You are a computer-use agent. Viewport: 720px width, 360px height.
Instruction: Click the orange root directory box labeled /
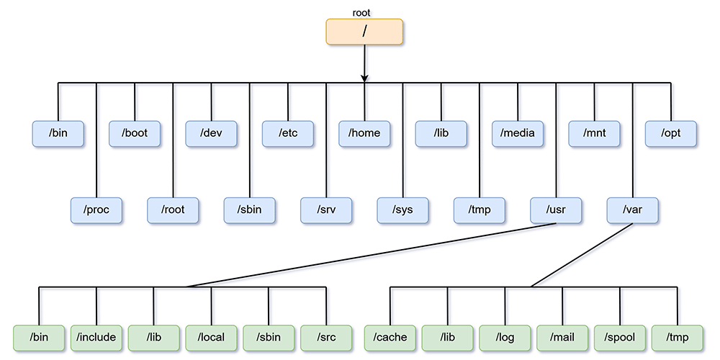pos(364,32)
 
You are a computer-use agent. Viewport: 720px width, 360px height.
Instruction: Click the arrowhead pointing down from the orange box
pos(365,77)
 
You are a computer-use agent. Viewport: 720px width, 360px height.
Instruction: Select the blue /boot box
pos(135,133)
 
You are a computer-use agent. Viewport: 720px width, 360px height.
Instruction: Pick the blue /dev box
pos(212,133)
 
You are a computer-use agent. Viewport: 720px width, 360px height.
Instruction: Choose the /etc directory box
pos(288,133)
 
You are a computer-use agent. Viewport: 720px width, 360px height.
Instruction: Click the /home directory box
pos(365,133)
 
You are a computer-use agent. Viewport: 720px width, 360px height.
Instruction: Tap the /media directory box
pos(518,133)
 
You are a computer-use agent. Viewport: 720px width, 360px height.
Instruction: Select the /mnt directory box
pos(594,133)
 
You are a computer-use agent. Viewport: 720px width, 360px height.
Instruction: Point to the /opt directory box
pos(671,133)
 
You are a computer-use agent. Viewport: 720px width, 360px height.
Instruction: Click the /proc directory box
pos(96,210)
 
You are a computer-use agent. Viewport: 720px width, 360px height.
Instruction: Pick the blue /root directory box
pos(174,210)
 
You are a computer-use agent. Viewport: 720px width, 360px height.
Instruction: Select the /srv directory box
pos(326,210)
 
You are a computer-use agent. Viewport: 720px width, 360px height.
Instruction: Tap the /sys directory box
pos(403,210)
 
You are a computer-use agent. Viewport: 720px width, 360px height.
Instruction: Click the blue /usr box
pos(556,210)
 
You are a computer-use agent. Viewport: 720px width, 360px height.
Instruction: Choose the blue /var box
pos(632,210)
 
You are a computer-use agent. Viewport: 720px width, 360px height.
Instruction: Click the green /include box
pos(96,337)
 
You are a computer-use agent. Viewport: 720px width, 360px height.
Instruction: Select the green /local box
pos(212,337)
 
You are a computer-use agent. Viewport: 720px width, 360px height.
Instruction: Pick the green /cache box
pos(390,337)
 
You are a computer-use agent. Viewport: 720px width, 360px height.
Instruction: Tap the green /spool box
pos(620,337)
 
